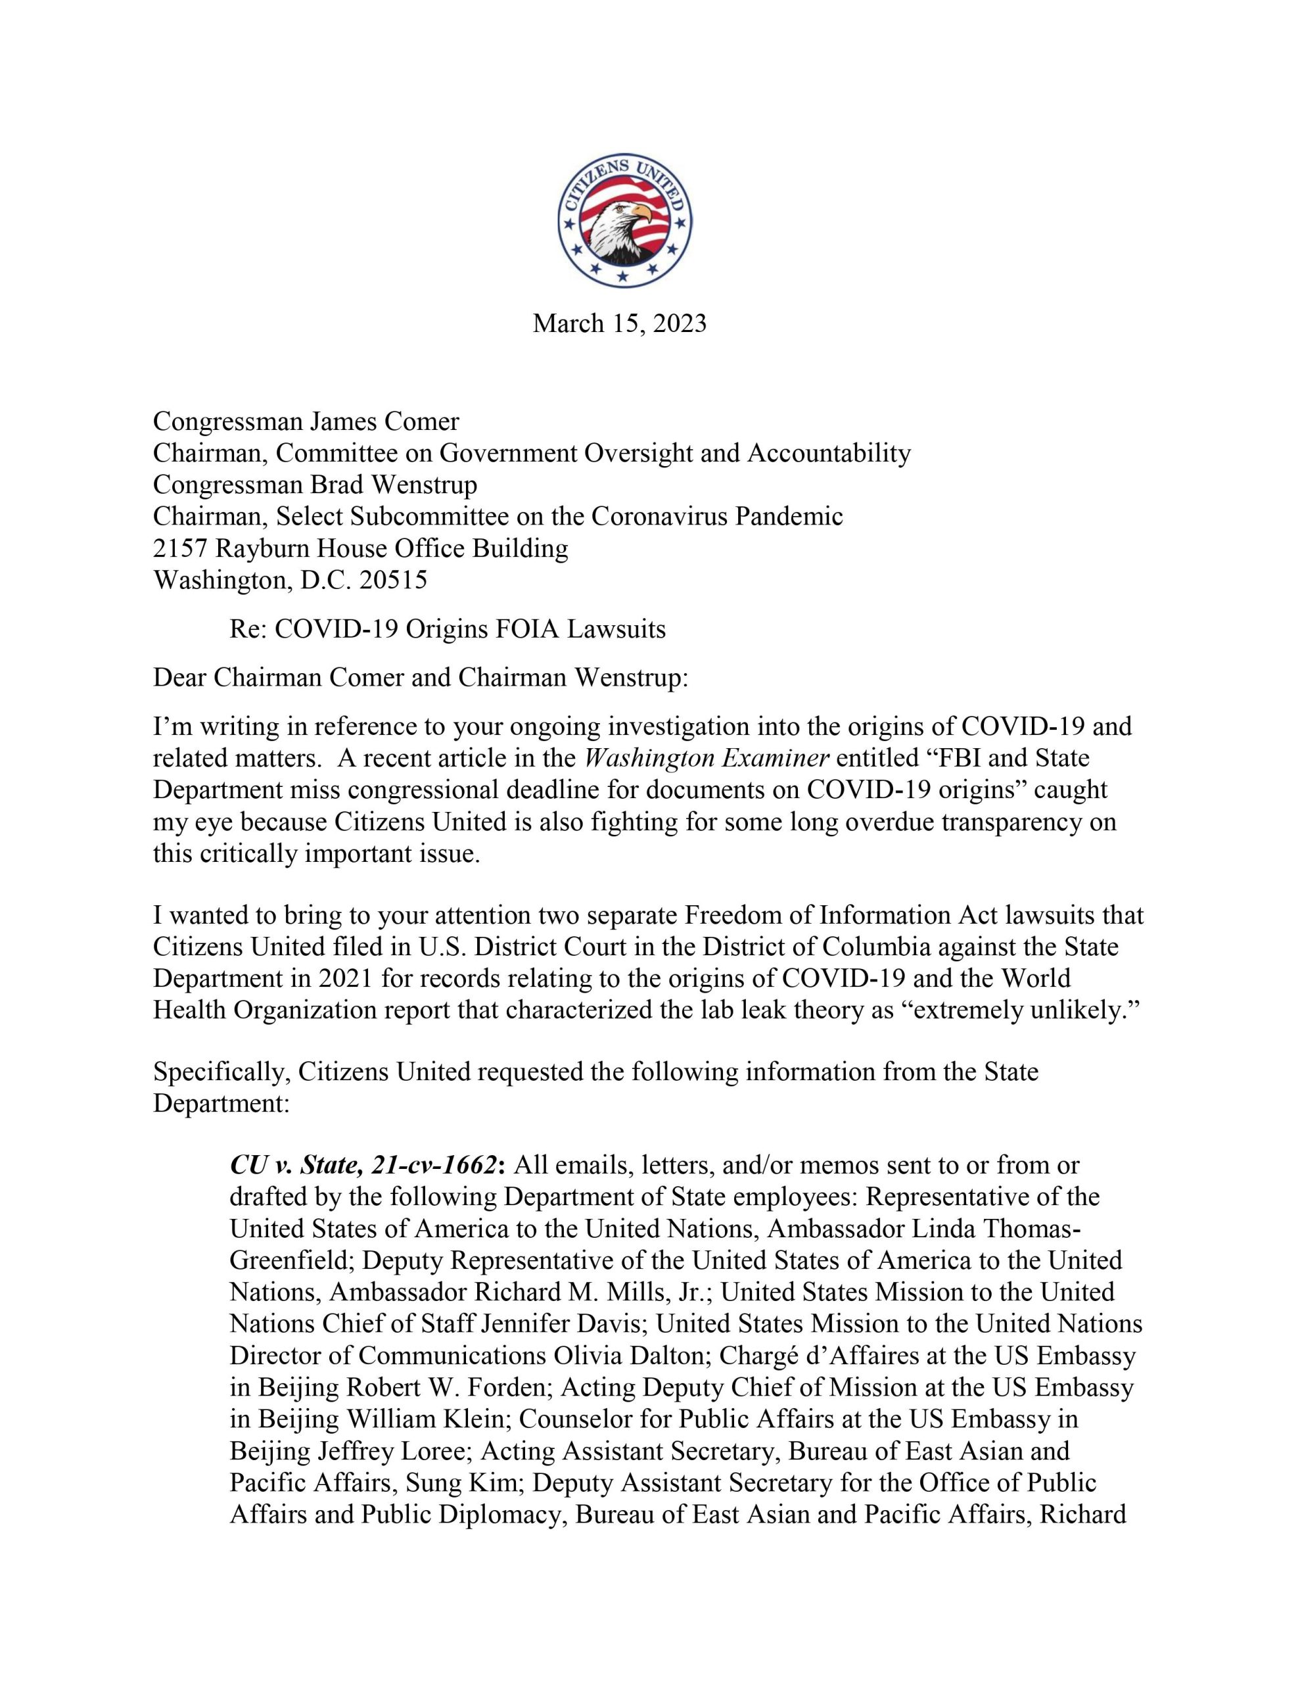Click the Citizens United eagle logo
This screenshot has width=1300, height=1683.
[624, 220]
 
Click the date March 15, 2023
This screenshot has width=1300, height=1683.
[620, 323]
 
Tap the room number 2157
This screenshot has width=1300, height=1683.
[180, 548]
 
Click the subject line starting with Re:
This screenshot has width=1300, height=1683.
[447, 630]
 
